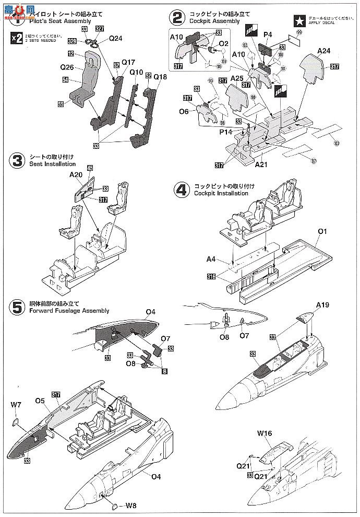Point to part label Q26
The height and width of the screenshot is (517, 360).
point(67,67)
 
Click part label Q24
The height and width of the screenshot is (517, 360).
point(115,38)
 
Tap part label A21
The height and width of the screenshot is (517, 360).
point(262,164)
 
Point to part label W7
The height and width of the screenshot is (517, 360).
point(17,403)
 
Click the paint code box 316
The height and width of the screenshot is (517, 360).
point(211,276)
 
